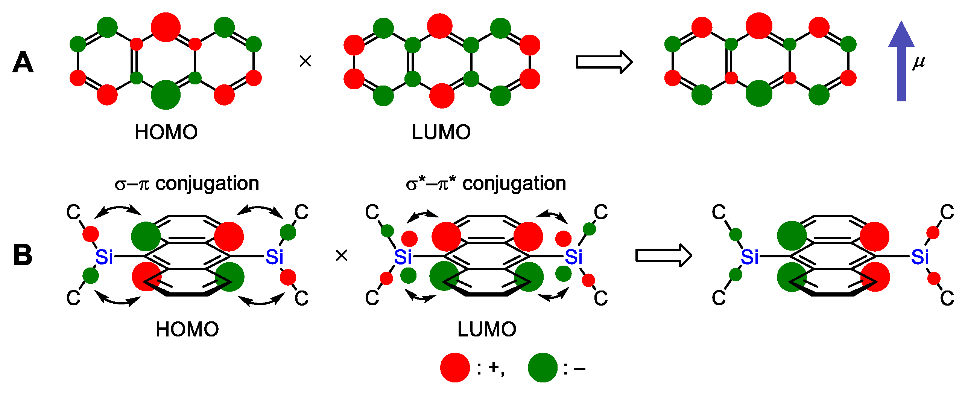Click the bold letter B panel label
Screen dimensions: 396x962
23,255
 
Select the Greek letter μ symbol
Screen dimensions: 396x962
919,62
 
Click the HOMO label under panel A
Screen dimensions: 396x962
166,132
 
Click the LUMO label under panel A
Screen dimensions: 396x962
441,132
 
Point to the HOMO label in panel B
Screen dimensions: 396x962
187,329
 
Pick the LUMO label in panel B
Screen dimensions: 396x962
486,329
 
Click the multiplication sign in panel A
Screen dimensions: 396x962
305,61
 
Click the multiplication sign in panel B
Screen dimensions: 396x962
341,256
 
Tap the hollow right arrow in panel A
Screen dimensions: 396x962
604,62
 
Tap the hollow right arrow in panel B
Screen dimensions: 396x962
663,255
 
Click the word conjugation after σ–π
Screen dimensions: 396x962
207,185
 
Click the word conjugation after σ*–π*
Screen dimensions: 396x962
514,185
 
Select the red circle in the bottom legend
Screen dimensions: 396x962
455,367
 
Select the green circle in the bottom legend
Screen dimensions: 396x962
542,367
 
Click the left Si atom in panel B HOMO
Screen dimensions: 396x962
104,257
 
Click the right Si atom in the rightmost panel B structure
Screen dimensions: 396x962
919,257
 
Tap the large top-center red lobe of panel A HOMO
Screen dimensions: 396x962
166,27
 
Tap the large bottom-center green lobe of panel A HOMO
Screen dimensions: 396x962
166,95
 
